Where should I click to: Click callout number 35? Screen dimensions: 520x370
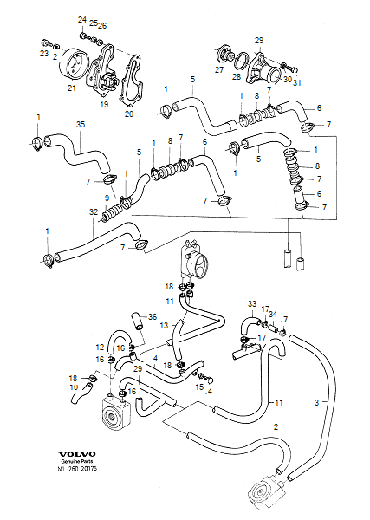(81, 126)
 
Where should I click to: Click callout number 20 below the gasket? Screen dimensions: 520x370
(129, 114)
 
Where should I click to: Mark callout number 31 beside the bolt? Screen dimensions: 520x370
(296, 83)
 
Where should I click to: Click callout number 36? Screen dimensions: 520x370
(153, 316)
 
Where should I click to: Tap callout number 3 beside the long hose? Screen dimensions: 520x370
(316, 403)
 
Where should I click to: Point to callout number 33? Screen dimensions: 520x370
(252, 303)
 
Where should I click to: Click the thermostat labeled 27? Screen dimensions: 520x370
(222, 57)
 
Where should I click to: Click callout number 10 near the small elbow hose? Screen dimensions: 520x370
(73, 387)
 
